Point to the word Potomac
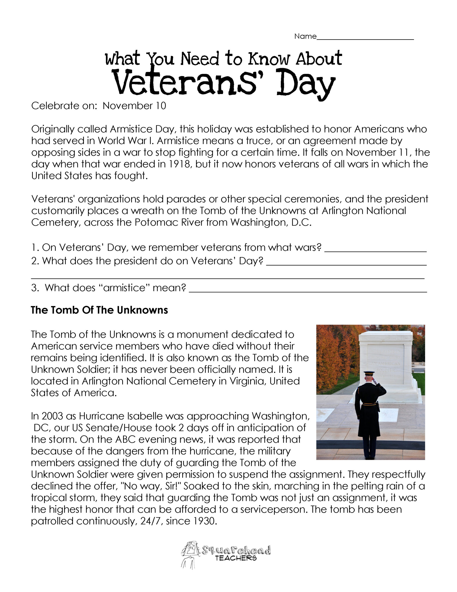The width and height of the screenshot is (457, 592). (x=154, y=222)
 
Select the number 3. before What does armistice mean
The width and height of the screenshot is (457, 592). (x=35, y=288)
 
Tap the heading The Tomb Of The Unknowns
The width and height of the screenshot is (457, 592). (x=99, y=310)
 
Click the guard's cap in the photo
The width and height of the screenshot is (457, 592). (x=369, y=373)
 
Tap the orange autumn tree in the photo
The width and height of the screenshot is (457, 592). (x=332, y=358)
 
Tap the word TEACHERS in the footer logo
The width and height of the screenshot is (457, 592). (x=236, y=558)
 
